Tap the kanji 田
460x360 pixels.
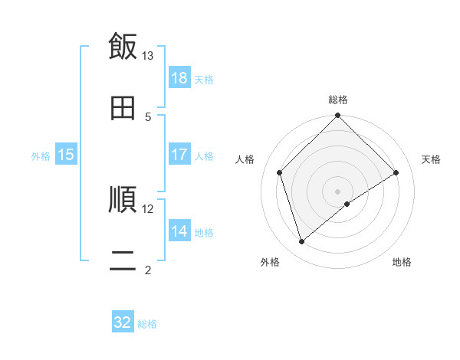click(x=123, y=108)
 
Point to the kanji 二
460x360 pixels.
click(x=123, y=260)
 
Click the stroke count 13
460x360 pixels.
click(x=148, y=56)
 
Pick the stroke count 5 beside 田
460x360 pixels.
click(x=148, y=116)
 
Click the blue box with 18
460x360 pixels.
click(x=179, y=78)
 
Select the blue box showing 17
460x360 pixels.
click(x=179, y=155)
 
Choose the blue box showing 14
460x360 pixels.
click(x=179, y=231)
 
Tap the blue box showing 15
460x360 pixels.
click(x=66, y=155)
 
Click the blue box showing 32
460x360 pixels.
click(x=123, y=322)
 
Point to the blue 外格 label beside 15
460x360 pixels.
click(x=41, y=155)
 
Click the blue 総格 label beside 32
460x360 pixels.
click(x=147, y=323)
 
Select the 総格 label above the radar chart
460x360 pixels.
click(x=338, y=100)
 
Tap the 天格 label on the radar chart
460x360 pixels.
click(x=431, y=159)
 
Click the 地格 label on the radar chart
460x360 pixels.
click(x=402, y=262)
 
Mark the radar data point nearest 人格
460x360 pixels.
click(x=280, y=172)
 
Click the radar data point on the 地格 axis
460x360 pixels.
click(x=347, y=204)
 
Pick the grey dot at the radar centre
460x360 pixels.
click(x=338, y=191)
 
